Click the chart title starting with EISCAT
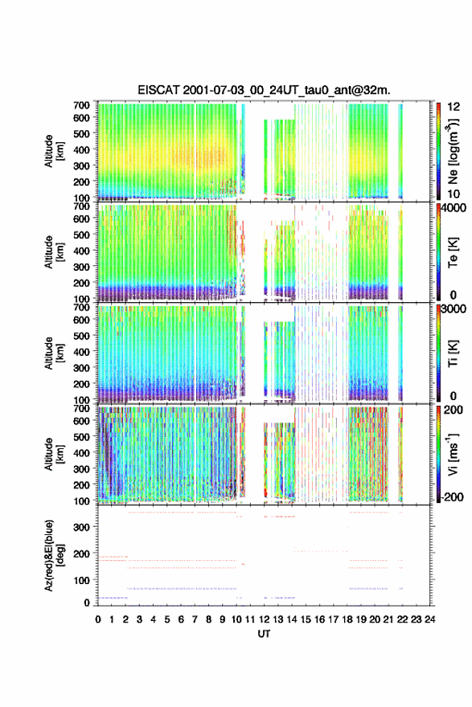tap(264, 90)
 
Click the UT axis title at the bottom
tap(264, 634)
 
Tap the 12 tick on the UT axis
tap(264, 619)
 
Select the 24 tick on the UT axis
tap(429, 619)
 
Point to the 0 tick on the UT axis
tap(98, 619)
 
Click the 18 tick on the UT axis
tap(347, 619)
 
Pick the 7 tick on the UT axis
tap(195, 619)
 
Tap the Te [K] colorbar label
tap(453, 252)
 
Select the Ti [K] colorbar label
tap(453, 353)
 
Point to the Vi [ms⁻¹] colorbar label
tap(453, 454)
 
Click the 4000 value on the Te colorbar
tap(454, 208)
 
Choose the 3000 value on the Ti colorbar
tap(454, 309)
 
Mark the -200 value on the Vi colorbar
tap(453, 497)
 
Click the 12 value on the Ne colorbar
tap(454, 107)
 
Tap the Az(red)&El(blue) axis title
tap(54, 555)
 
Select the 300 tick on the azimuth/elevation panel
tap(81, 527)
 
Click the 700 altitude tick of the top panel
tap(81, 105)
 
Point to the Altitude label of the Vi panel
tap(54, 454)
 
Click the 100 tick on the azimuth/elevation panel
tap(81, 580)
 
